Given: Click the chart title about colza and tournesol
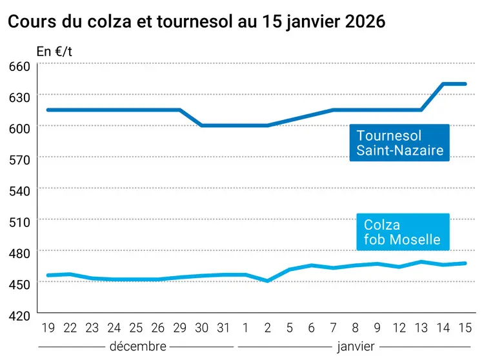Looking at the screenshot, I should pos(196,21).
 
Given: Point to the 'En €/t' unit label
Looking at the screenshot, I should pos(54,51).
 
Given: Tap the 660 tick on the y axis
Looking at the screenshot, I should pos(19,66).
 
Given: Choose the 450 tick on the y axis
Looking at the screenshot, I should pos(19,284).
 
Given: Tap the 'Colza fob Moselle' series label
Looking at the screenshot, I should pos(401,232).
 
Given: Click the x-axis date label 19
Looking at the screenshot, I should pos(48,328).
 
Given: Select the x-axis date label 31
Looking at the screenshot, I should pos(223,328).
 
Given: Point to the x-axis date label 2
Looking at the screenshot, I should pos(268,328).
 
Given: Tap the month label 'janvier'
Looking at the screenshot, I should pos(355,346).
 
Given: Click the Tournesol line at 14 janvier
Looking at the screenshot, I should pos(443,84).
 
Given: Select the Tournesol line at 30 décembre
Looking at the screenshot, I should pos(201,125).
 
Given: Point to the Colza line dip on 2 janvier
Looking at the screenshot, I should pos(268,281).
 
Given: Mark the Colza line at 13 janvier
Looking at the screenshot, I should pos(421,262).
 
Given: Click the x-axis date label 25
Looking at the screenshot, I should pos(136,328).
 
